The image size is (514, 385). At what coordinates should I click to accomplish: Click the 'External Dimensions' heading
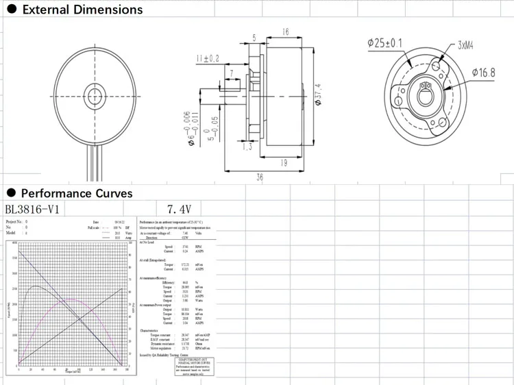(82, 10)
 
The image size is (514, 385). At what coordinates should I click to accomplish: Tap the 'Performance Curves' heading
(77, 193)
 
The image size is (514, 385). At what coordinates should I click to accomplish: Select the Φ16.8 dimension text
(483, 72)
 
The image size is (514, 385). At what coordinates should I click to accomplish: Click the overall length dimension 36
(260, 177)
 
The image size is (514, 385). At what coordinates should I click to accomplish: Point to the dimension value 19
(283, 162)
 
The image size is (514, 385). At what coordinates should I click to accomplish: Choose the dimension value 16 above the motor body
(284, 32)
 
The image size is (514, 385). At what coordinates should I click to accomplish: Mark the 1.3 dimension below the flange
(247, 147)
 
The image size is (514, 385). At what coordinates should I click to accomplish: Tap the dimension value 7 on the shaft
(232, 73)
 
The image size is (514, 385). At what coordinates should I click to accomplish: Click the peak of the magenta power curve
(72, 299)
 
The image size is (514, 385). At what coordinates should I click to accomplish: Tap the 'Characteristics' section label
(151, 330)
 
